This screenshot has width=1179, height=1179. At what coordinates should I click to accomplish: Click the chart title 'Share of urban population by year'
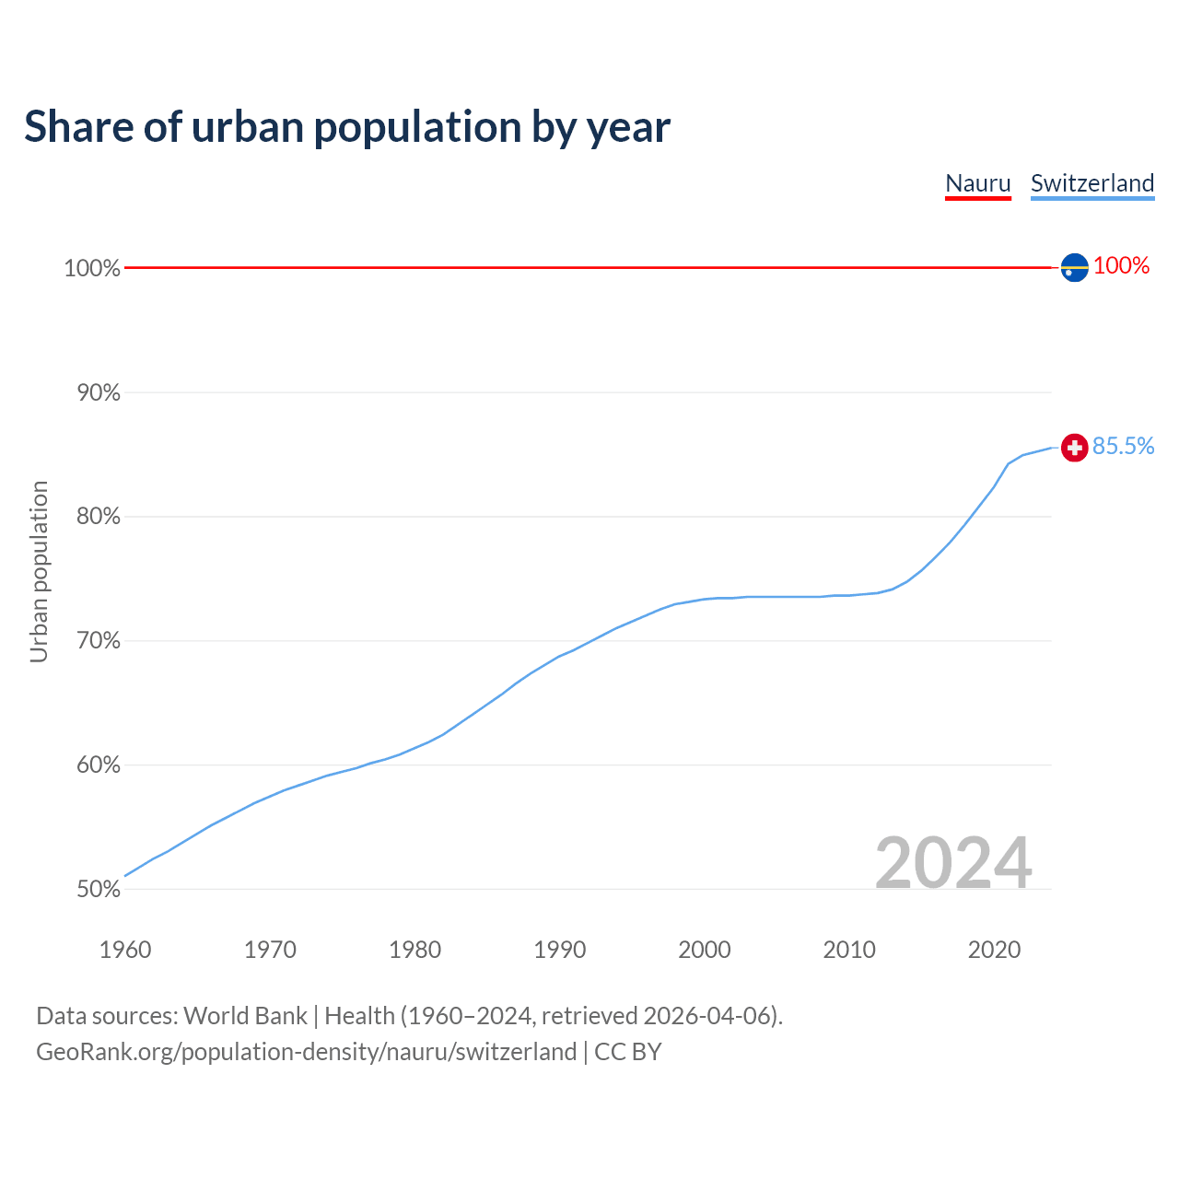[x=347, y=126]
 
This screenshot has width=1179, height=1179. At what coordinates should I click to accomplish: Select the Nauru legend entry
[x=978, y=183]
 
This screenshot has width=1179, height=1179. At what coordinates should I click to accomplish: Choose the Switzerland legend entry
[x=1092, y=183]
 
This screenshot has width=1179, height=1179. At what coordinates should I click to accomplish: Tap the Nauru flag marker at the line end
[x=1074, y=267]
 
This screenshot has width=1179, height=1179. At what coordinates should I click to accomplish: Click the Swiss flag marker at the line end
[x=1074, y=448]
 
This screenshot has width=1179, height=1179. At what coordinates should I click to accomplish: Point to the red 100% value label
[x=1121, y=266]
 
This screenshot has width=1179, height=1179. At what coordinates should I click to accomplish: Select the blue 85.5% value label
[x=1123, y=447]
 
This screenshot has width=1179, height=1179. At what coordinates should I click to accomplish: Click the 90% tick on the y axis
[x=98, y=393]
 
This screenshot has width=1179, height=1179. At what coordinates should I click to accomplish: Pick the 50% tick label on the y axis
[x=98, y=890]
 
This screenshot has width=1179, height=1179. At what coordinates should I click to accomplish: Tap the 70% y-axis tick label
[x=98, y=641]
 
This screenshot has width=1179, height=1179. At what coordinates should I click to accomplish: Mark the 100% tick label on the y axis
[x=92, y=269]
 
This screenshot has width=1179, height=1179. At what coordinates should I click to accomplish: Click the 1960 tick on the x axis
[x=125, y=950]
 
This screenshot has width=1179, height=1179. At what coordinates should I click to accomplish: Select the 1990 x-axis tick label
[x=560, y=950]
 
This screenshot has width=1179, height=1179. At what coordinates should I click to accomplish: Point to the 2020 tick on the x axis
[x=994, y=950]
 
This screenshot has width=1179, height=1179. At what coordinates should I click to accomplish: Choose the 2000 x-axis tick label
[x=705, y=950]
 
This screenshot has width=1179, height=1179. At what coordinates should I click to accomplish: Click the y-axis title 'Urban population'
[x=39, y=571]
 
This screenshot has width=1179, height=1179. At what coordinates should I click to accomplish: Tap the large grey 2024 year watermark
[x=953, y=863]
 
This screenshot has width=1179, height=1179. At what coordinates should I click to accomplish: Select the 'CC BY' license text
[x=628, y=1052]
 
